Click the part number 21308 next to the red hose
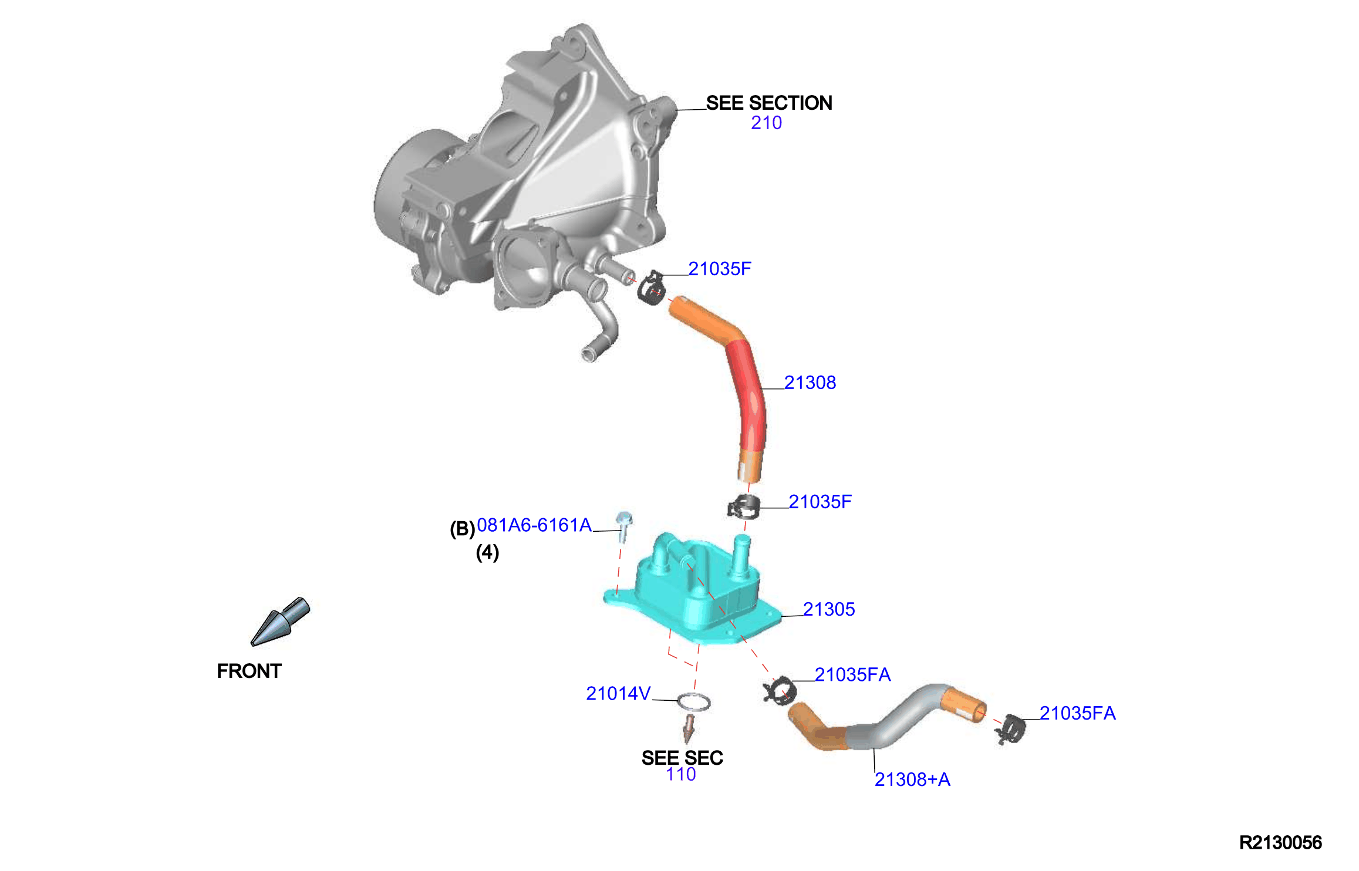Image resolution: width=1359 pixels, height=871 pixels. click(x=810, y=383)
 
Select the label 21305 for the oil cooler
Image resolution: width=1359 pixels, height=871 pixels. click(x=828, y=609)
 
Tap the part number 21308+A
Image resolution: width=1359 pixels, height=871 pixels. click(x=912, y=779)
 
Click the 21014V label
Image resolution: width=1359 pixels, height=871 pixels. click(x=618, y=694)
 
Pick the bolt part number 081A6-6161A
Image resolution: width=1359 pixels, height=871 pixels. click(x=534, y=525)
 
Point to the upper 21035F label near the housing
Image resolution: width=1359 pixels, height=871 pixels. click(x=720, y=269)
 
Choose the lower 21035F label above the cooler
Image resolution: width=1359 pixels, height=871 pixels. click(x=820, y=502)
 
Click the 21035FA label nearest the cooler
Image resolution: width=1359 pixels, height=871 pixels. click(x=852, y=675)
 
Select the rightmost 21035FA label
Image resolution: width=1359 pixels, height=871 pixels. click(x=1077, y=713)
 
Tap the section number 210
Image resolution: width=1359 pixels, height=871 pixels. click(x=766, y=123)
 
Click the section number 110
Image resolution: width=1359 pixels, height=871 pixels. click(x=681, y=774)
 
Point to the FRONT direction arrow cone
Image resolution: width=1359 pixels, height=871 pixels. click(x=280, y=622)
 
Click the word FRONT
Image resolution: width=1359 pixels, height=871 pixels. click(x=249, y=671)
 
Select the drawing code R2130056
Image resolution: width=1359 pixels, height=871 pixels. click(x=1280, y=843)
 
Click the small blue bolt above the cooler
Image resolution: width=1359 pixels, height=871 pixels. click(x=623, y=526)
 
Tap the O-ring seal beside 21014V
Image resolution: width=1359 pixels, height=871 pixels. click(x=694, y=703)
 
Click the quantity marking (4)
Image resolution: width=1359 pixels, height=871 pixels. click(x=487, y=552)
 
